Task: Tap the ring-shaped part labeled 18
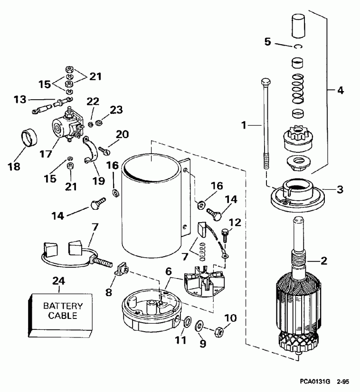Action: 31,139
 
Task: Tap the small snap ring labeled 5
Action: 297,46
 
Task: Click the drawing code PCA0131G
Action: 315,381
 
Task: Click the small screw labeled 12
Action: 226,235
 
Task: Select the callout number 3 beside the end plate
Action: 339,189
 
